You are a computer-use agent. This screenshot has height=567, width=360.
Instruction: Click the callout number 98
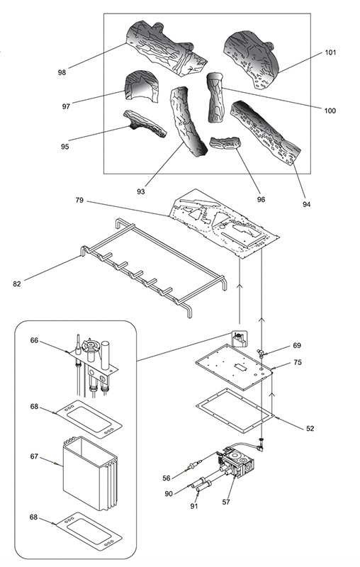click(x=62, y=72)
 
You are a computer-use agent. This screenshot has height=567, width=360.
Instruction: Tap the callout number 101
click(x=330, y=52)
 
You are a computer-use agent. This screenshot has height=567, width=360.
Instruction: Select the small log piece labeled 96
click(x=225, y=143)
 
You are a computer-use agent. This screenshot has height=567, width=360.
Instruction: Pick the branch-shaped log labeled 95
click(x=145, y=123)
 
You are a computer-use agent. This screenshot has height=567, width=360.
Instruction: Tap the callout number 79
click(x=79, y=200)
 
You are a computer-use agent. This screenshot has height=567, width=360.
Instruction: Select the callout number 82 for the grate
click(x=17, y=284)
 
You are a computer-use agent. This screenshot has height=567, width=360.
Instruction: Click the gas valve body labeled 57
click(x=237, y=463)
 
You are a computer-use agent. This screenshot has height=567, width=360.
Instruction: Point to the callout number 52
click(x=310, y=429)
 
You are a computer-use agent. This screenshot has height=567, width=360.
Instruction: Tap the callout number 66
click(x=34, y=340)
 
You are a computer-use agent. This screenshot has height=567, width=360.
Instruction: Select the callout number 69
click(x=297, y=345)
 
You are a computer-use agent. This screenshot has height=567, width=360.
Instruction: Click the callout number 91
click(x=194, y=506)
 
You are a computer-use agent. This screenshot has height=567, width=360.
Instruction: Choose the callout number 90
click(x=169, y=493)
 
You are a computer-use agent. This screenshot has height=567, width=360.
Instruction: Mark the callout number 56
click(x=167, y=478)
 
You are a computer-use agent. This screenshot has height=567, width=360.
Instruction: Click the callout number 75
click(x=298, y=362)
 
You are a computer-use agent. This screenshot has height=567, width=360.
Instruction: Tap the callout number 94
click(x=307, y=204)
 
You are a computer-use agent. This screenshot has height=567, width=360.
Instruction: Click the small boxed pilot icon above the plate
click(x=239, y=339)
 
